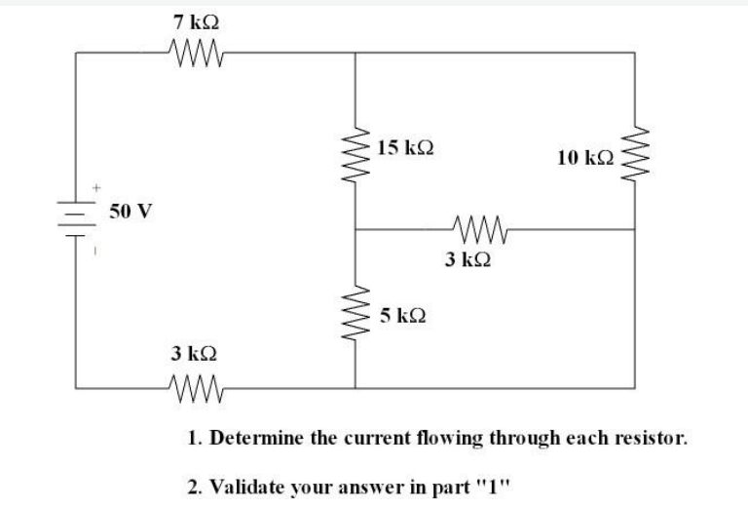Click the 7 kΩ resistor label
tap(188, 20)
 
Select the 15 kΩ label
tap(405, 148)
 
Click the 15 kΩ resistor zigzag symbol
tap(354, 152)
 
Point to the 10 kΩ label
tap(586, 156)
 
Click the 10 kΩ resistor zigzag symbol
tap(635, 152)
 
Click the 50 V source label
tap(131, 211)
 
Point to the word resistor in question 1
tap(654, 438)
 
